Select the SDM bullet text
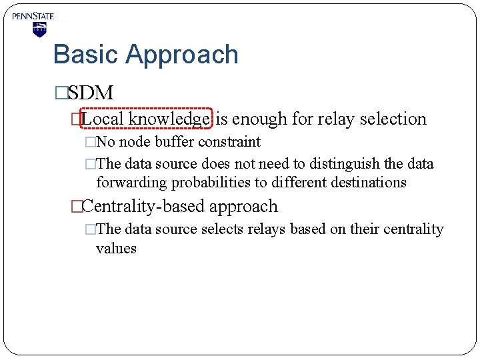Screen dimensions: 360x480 pyautogui.click(x=91, y=93)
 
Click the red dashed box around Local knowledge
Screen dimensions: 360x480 pyautogui.click(x=146, y=119)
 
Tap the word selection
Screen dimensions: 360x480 pyautogui.click(x=393, y=119)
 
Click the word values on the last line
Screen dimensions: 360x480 pyautogui.click(x=116, y=249)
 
